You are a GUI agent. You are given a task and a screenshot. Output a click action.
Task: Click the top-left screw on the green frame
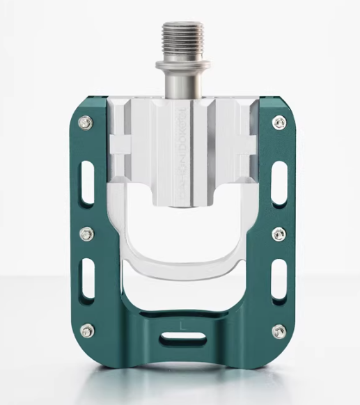tap(85, 122)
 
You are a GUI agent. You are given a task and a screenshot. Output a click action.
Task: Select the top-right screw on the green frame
tap(279, 122)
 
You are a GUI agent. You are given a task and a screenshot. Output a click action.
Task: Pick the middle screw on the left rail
tap(86, 233)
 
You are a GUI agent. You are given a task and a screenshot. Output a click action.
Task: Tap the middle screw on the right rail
tap(279, 233)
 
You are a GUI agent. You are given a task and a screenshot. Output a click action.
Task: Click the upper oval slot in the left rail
tap(87, 182)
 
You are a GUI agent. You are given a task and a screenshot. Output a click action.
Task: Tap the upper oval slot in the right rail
tap(278, 182)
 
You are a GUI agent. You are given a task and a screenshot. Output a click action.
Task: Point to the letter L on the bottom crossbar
tap(182, 322)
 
